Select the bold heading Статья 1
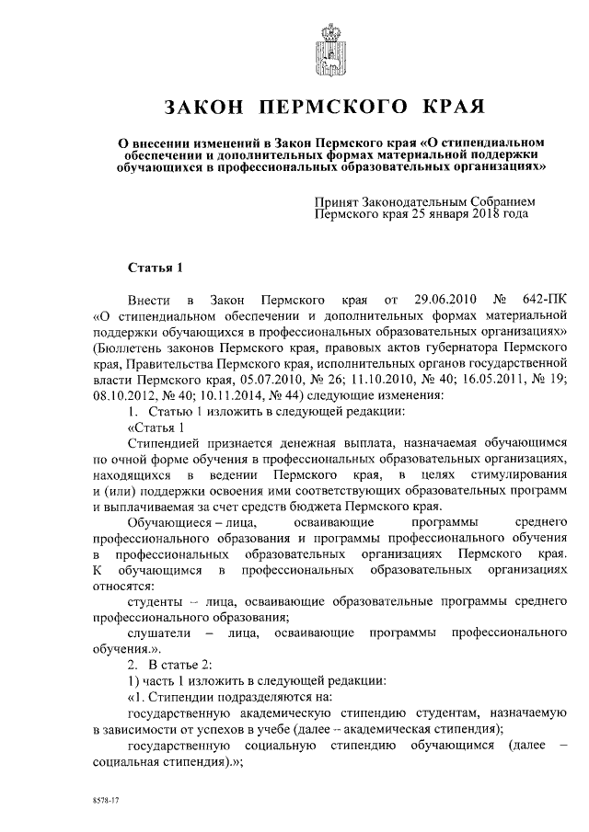(x=150, y=268)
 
